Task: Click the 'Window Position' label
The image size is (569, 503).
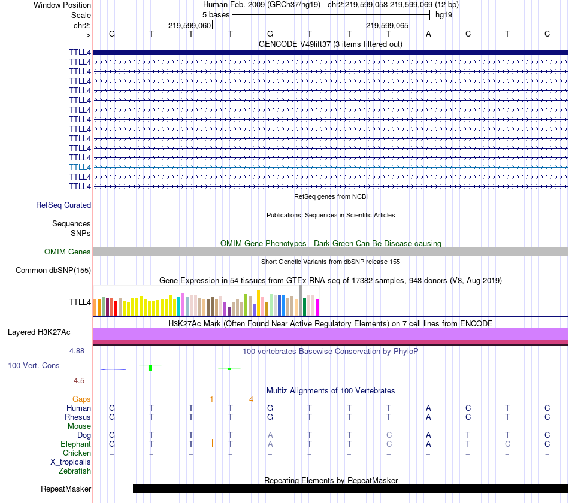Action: click(62, 5)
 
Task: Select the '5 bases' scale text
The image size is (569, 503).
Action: click(211, 14)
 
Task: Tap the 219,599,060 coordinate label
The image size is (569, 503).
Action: click(189, 26)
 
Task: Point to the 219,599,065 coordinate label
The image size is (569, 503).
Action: click(387, 26)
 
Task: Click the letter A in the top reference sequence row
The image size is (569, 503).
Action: click(428, 34)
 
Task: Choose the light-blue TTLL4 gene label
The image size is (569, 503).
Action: click(80, 167)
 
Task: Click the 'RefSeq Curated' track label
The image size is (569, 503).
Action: click(63, 205)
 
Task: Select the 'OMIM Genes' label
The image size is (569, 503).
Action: click(67, 252)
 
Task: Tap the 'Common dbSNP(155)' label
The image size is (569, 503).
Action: click(53, 271)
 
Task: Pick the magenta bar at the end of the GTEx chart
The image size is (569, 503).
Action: click(317, 307)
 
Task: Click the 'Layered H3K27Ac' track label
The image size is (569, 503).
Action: click(39, 332)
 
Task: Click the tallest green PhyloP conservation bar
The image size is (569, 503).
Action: click(150, 367)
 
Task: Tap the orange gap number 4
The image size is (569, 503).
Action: click(252, 399)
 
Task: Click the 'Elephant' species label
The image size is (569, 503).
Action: click(75, 444)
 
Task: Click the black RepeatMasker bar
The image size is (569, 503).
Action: click(350, 489)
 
